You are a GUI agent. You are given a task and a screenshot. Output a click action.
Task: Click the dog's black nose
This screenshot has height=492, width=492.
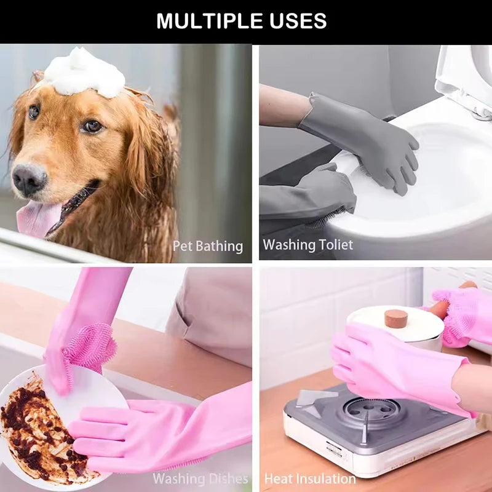29,179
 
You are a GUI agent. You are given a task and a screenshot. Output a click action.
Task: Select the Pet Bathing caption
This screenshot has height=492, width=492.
207,246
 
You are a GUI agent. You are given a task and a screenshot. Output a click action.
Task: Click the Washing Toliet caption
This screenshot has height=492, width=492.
307,245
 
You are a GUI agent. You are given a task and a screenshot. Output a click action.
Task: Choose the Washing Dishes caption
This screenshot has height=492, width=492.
200,478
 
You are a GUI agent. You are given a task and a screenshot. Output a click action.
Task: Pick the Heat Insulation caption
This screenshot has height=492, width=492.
310,478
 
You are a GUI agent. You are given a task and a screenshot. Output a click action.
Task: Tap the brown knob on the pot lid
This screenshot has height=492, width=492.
396,318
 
